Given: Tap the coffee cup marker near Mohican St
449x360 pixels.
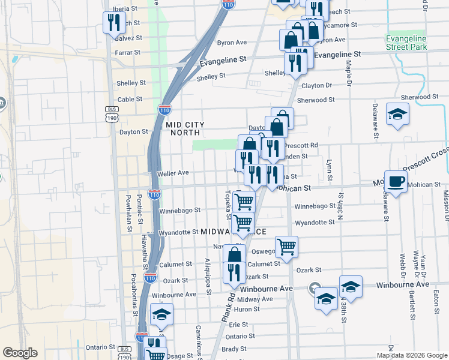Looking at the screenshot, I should (396, 181).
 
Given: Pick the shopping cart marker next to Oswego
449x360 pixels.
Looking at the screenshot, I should (287, 246).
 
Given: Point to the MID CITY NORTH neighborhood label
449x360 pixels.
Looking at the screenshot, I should (187, 128).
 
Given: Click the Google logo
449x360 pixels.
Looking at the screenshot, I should (20, 353).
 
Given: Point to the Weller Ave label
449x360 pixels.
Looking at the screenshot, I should (173, 173).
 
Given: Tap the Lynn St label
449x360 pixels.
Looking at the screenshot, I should (329, 170).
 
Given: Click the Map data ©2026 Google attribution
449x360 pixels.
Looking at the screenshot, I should (412, 355).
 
